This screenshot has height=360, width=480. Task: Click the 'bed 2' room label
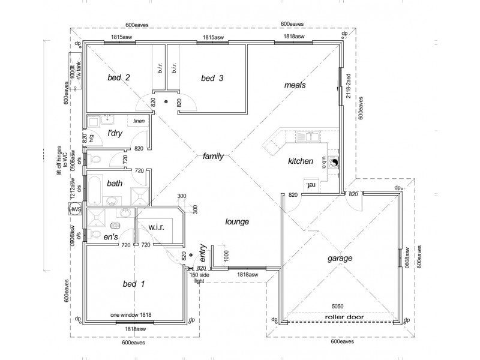119,77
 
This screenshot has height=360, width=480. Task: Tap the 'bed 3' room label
212,78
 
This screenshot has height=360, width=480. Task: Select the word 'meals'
295,85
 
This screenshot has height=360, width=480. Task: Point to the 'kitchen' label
301,161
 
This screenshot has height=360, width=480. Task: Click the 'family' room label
213,156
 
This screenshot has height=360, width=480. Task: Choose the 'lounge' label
237,222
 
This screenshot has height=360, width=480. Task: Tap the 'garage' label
340,258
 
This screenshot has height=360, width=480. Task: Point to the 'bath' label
115,183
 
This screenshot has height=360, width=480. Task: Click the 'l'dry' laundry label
115,133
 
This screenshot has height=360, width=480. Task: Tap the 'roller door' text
341,317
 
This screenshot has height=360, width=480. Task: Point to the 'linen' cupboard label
139,121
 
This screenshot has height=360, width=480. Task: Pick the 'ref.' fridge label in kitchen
311,185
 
